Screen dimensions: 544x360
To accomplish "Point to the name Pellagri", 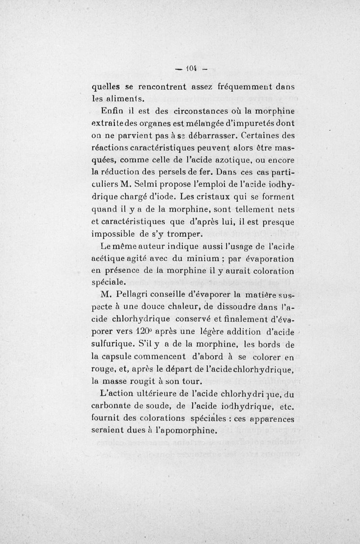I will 135,296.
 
